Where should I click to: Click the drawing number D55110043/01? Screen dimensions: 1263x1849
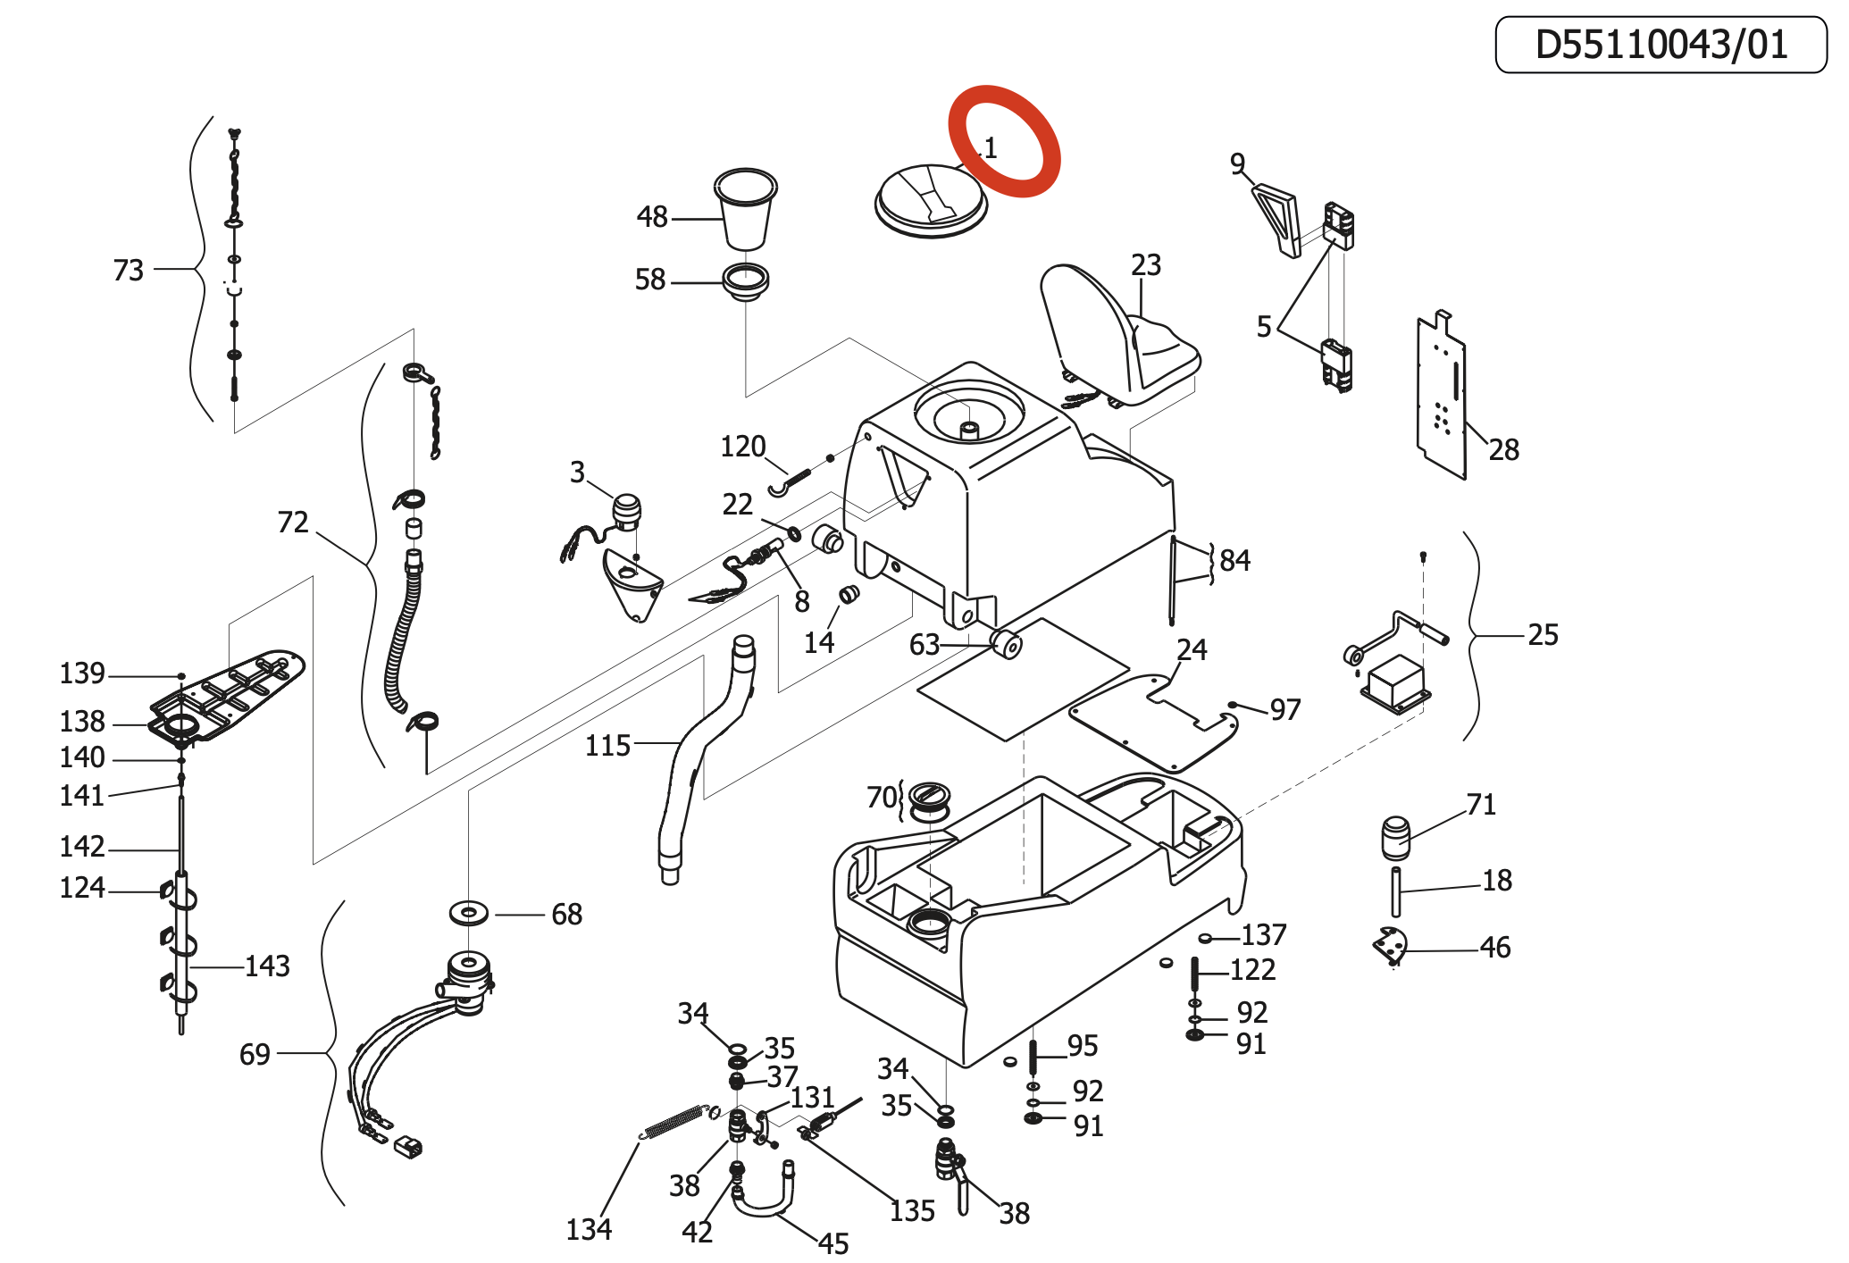click(1661, 45)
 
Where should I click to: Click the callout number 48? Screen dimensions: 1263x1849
click(652, 217)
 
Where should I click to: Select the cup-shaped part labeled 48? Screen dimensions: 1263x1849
click(746, 209)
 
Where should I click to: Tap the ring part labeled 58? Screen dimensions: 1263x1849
click(746, 281)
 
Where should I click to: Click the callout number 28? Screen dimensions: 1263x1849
click(1504, 450)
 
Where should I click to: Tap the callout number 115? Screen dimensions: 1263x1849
click(607, 746)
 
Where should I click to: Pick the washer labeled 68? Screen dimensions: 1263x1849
click(469, 914)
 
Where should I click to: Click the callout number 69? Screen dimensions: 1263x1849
click(255, 1055)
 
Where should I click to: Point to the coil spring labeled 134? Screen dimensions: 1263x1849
click(674, 1122)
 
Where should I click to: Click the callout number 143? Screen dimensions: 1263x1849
click(267, 966)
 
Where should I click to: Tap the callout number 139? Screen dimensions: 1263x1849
click(82, 673)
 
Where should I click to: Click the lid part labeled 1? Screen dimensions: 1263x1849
click(931, 201)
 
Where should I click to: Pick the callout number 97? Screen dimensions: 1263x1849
click(1285, 710)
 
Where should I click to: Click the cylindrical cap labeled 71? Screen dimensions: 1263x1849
click(1395, 838)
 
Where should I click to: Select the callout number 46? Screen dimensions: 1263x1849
click(1495, 948)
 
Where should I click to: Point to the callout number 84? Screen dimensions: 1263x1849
click(1235, 561)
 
